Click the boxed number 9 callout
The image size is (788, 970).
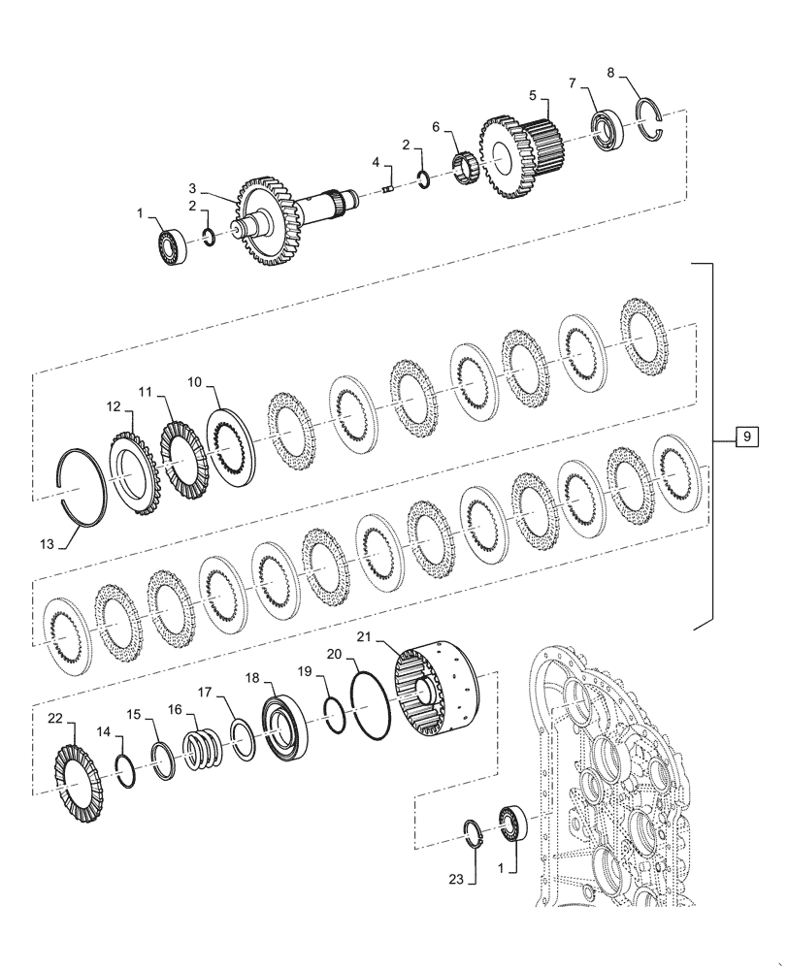(x=745, y=438)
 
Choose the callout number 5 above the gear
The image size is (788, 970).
(x=532, y=94)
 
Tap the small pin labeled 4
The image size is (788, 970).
(x=388, y=189)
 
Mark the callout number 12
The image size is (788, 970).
(x=114, y=408)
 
